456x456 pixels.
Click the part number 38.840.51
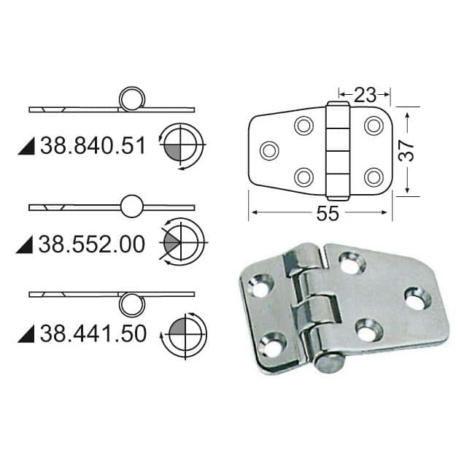[93, 146]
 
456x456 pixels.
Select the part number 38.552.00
[93, 244]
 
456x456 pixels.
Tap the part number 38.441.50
[93, 334]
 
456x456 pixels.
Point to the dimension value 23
[365, 93]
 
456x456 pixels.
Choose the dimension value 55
[321, 214]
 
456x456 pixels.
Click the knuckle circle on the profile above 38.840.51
[132, 98]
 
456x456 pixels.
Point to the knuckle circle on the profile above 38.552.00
[132, 206]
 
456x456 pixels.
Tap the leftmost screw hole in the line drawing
[269, 151]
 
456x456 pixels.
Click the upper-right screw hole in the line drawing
[374, 125]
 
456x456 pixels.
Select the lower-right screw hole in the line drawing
[374, 177]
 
